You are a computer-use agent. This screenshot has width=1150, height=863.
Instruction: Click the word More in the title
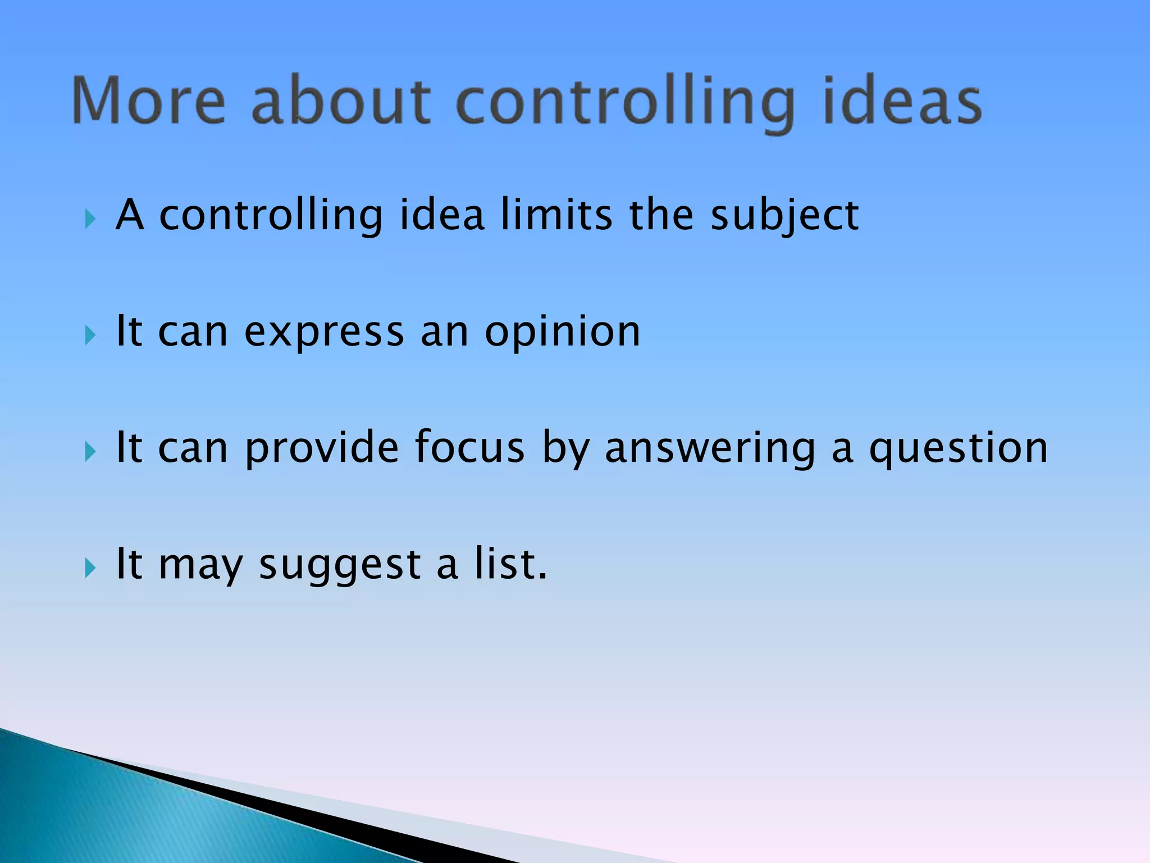(x=149, y=101)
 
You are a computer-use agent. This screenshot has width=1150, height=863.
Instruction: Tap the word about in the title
(x=341, y=101)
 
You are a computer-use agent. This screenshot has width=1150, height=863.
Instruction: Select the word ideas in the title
(x=902, y=101)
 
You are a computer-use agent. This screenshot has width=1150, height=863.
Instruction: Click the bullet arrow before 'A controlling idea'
(x=90, y=219)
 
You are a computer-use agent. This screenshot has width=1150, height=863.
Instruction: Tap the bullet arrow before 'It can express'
(x=90, y=335)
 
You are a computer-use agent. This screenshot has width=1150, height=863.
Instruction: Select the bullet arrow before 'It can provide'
(x=90, y=451)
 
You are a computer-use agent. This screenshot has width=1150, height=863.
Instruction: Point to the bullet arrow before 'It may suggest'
(x=90, y=568)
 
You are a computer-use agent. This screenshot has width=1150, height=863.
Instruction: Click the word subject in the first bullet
(x=784, y=216)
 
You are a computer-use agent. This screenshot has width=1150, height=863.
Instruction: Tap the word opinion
(x=562, y=333)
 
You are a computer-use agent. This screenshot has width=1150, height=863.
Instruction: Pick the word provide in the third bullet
(x=322, y=448)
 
